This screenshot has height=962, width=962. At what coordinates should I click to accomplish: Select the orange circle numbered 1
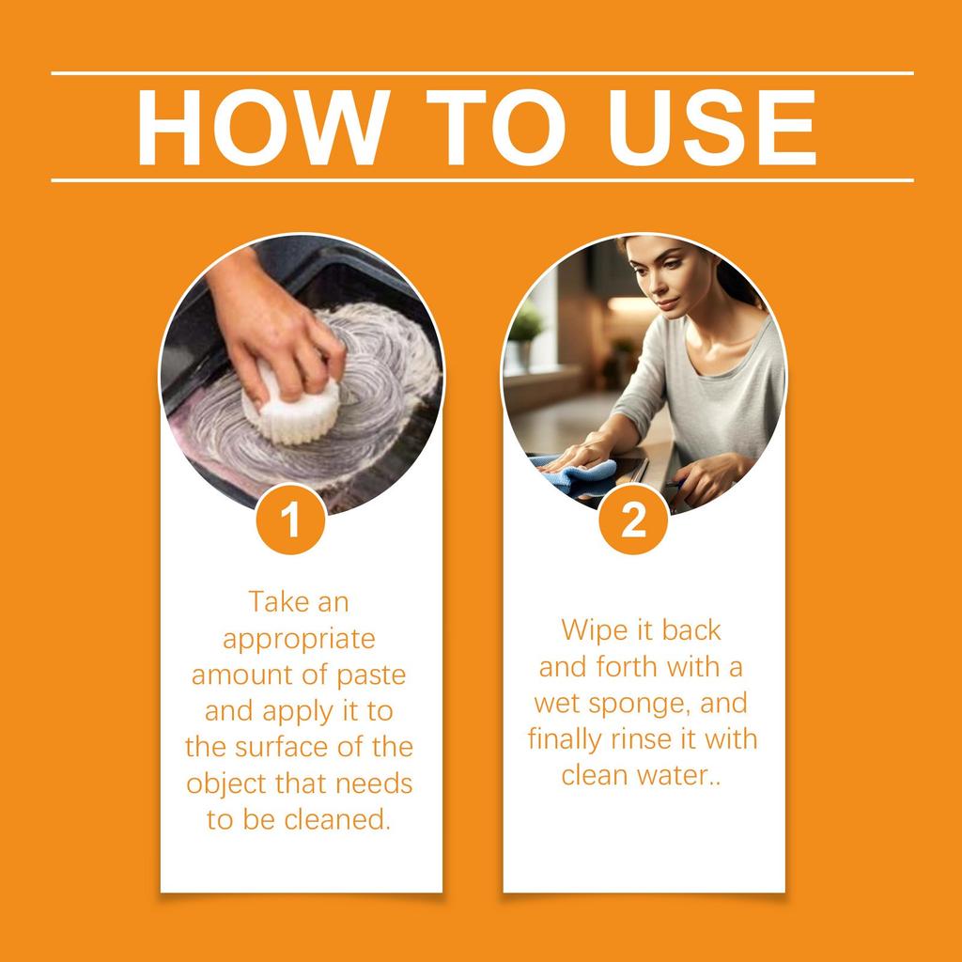(291, 520)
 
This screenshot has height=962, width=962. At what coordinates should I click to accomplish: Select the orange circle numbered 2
(634, 520)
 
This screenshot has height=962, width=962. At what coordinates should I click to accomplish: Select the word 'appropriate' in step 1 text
(299, 639)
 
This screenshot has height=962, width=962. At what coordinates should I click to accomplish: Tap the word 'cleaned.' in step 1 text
(342, 818)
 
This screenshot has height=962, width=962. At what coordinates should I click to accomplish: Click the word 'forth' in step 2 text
(630, 667)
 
